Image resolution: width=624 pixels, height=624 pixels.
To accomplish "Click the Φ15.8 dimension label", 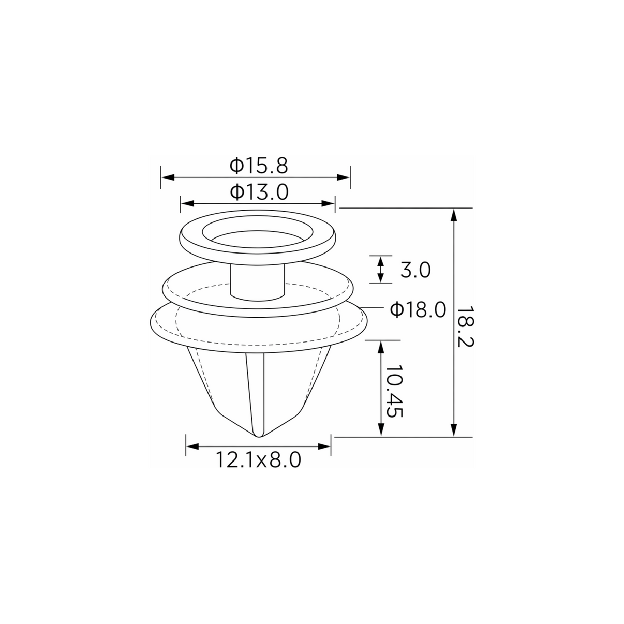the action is pyautogui.click(x=258, y=166).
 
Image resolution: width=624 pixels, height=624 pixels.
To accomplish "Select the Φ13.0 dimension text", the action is pyautogui.click(x=259, y=192).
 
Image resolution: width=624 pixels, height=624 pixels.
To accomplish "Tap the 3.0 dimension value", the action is pyautogui.click(x=415, y=270).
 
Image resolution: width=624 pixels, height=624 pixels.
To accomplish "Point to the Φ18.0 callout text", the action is pyautogui.click(x=418, y=309).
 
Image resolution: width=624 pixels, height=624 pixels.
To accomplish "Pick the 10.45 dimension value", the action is pyautogui.click(x=394, y=392).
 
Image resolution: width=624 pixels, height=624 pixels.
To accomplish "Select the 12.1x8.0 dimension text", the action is pyautogui.click(x=258, y=460).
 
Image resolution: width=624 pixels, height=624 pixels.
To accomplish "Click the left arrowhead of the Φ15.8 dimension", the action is pyautogui.click(x=168, y=177).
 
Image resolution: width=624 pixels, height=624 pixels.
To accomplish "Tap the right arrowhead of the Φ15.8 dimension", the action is pyautogui.click(x=343, y=177).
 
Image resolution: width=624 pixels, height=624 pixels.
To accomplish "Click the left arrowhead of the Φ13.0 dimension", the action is pyautogui.click(x=187, y=203).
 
